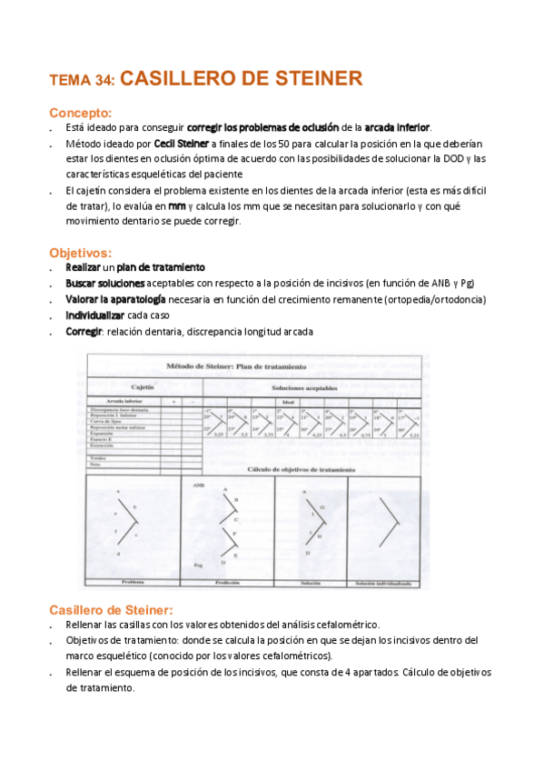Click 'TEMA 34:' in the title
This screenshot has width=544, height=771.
[82, 81]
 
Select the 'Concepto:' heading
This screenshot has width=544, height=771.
[80, 113]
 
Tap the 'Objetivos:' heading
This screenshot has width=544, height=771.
[80, 253]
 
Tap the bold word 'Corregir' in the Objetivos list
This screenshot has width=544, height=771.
[84, 332]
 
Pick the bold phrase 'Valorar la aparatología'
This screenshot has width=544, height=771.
[115, 299]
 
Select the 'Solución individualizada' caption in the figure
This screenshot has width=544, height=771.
[382, 581]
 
